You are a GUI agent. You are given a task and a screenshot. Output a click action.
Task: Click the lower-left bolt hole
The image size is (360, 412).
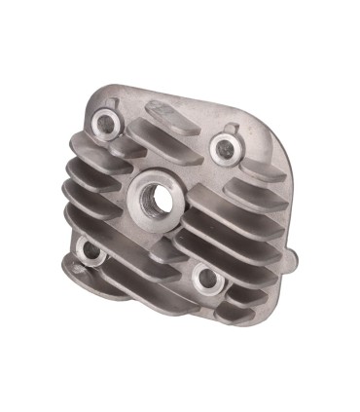pos(92,255)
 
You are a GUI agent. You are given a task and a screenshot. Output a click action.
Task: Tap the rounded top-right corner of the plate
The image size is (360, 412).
pos(276,136)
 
